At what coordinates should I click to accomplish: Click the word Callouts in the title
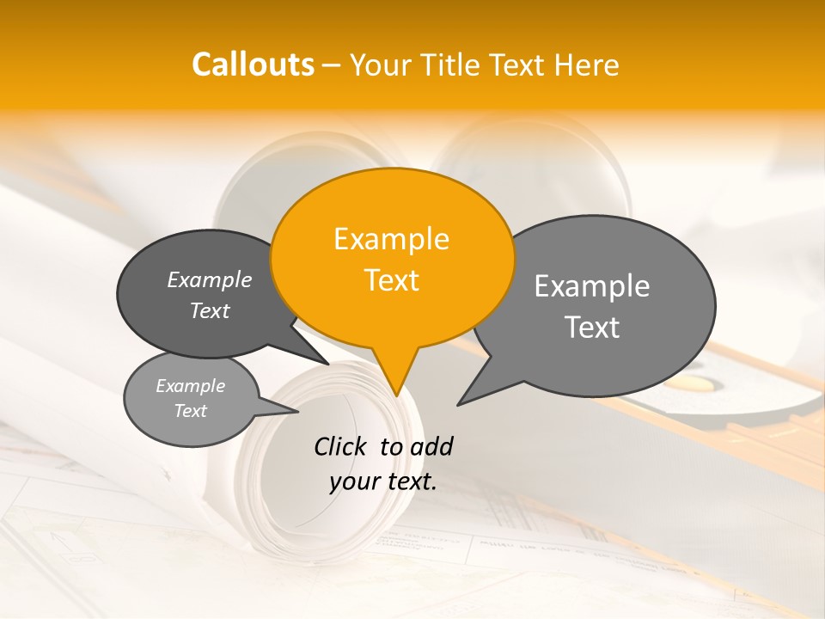tap(253, 64)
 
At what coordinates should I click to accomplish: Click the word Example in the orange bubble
tap(391, 239)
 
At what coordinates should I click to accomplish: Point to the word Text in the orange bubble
tap(391, 280)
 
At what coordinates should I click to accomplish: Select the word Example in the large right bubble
tap(592, 286)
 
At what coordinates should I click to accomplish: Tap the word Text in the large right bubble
tap(592, 328)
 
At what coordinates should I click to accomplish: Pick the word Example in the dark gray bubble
tap(209, 279)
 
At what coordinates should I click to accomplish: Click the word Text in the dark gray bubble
tap(209, 310)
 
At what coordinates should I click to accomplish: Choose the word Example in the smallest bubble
tap(190, 386)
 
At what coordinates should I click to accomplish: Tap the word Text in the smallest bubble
tap(190, 411)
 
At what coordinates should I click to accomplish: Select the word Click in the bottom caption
tap(342, 446)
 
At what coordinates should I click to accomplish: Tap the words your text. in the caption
tap(382, 481)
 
